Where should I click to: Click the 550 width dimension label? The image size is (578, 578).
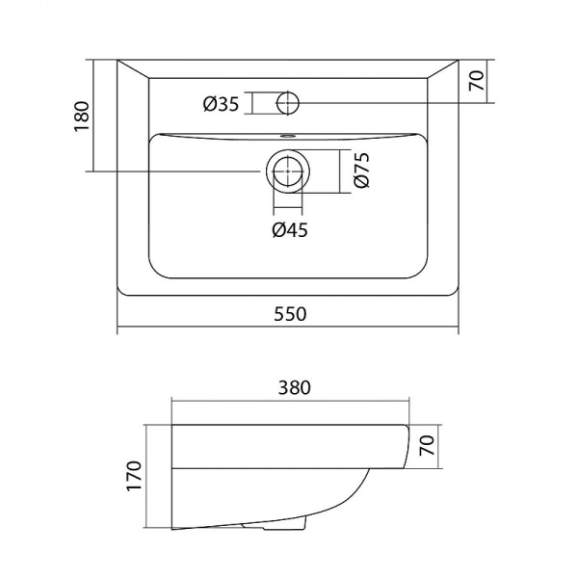289,314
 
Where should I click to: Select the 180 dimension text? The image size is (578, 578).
83,116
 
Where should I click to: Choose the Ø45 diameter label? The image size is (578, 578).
289,228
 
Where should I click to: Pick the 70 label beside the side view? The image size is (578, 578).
427,446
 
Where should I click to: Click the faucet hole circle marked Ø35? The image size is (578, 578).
287,102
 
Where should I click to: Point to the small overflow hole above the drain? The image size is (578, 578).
287,136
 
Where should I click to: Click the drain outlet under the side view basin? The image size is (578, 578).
286,527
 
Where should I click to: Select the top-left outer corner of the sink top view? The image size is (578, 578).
118,61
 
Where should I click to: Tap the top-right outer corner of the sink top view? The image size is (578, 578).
460,61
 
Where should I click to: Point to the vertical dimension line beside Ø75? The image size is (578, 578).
340,171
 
